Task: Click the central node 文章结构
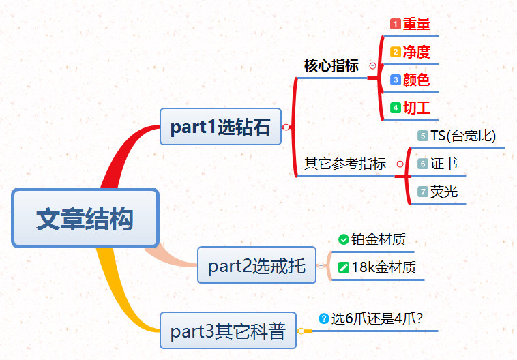(x=85, y=218)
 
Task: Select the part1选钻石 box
(x=220, y=127)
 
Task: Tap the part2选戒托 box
(x=256, y=265)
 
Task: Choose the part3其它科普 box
(x=228, y=331)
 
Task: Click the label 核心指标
(x=331, y=66)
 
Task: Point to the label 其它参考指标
(x=345, y=164)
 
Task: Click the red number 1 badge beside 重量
(x=394, y=24)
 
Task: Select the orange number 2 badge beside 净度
(x=394, y=52)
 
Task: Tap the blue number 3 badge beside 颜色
(x=394, y=80)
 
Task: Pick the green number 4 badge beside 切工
(x=394, y=108)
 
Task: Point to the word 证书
(x=444, y=164)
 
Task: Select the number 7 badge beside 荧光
(x=422, y=192)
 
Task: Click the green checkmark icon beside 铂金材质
(x=343, y=239)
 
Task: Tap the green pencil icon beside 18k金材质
(x=343, y=267)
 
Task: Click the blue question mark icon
(x=324, y=318)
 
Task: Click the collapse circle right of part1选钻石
(x=286, y=127)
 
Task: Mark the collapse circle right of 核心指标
(x=372, y=66)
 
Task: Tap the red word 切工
(x=417, y=108)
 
